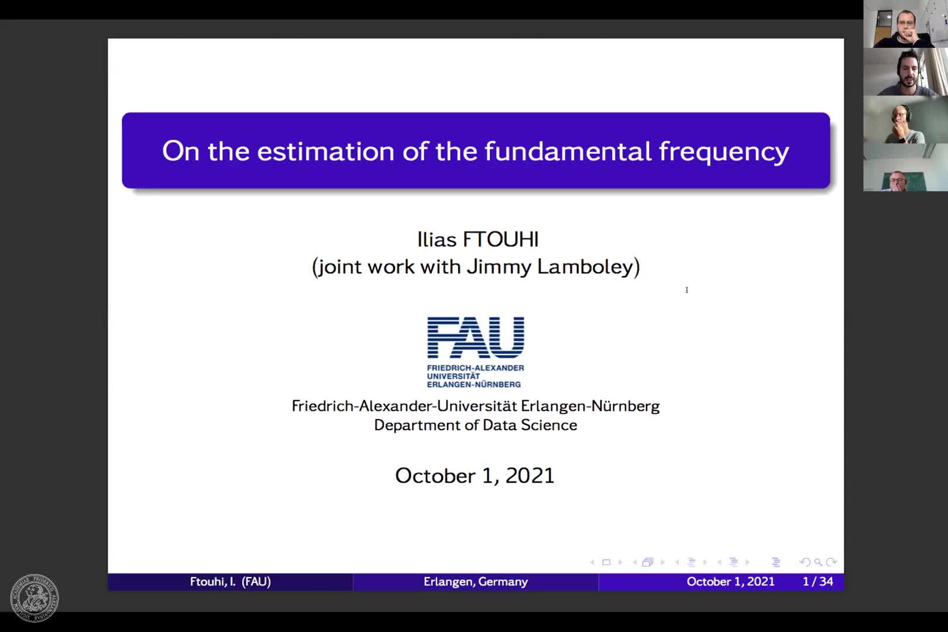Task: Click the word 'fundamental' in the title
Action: pos(568,151)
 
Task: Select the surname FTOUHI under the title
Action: pos(501,239)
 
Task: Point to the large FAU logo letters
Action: pos(476,338)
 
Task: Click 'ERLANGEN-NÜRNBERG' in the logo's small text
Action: pos(473,384)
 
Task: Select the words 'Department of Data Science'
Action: pos(476,425)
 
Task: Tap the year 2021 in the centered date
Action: pos(530,475)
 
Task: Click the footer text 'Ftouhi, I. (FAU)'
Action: pos(230,582)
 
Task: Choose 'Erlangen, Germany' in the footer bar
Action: pos(476,582)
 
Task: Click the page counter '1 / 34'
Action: pos(818,581)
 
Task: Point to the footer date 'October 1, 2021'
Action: pos(730,582)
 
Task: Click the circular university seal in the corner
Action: pos(35,597)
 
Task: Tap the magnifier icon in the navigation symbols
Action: pos(818,562)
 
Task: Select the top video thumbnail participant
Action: pos(906,24)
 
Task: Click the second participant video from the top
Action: pos(906,71)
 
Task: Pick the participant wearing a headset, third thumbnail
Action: pos(906,119)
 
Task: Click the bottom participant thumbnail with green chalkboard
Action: pos(906,167)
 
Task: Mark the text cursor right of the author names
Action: pos(687,290)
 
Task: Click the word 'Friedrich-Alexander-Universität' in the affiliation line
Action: pos(404,406)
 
